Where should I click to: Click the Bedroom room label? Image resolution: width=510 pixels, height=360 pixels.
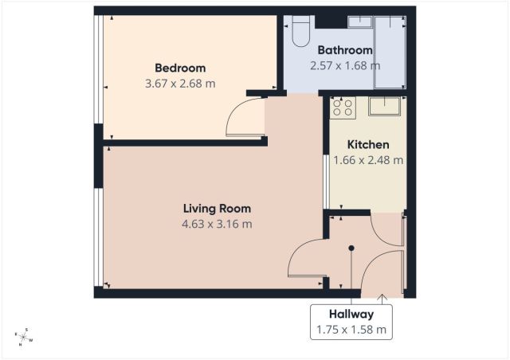[180, 68]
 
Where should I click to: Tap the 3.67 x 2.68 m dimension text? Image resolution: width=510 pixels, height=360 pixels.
[180, 84]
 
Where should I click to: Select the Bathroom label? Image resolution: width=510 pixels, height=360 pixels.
[345, 50]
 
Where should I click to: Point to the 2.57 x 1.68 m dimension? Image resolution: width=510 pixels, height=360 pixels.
[345, 65]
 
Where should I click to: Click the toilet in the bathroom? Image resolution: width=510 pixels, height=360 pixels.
[300, 31]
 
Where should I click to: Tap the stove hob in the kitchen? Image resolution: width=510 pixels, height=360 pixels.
[343, 108]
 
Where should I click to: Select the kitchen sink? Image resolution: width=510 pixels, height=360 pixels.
[384, 106]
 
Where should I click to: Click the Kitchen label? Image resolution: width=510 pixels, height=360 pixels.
[368, 145]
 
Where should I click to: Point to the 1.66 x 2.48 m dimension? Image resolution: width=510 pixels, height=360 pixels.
[368, 160]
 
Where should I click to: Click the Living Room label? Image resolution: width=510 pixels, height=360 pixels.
[217, 209]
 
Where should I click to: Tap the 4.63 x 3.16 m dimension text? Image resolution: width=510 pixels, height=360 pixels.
[217, 224]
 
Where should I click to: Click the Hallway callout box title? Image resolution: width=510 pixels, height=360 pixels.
[351, 314]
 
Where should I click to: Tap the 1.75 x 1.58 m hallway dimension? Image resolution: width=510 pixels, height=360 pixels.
[351, 330]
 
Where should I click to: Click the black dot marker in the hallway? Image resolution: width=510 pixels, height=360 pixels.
[351, 248]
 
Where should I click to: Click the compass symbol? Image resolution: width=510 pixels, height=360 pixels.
[24, 337]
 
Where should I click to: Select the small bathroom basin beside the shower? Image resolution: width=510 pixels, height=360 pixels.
[359, 22]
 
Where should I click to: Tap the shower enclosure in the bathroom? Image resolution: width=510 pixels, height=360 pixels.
[390, 52]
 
